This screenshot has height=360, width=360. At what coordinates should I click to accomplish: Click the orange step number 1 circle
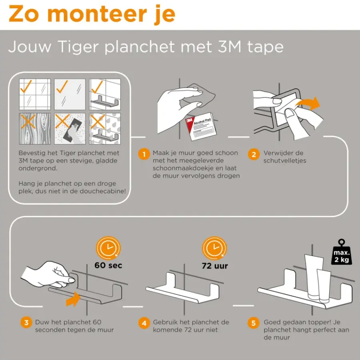144,154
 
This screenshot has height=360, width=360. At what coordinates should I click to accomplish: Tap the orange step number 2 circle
254,154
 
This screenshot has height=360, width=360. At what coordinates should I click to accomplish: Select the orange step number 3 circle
26,322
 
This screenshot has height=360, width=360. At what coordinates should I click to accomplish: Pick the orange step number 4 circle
144,323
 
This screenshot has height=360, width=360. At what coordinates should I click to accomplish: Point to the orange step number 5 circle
254,323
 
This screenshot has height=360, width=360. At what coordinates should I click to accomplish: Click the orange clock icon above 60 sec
108,248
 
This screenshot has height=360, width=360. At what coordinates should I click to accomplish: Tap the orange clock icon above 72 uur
214,248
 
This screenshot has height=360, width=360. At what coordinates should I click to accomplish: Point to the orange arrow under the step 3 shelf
73,299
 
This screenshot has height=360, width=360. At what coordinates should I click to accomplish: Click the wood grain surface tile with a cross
35,128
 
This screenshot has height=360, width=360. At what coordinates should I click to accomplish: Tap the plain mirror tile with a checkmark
70,94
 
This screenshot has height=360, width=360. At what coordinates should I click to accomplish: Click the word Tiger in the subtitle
78,47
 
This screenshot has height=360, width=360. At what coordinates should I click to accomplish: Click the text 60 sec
108,266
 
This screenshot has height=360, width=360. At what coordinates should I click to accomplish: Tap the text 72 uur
215,266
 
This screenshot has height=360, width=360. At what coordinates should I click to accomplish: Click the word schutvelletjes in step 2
285,161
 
